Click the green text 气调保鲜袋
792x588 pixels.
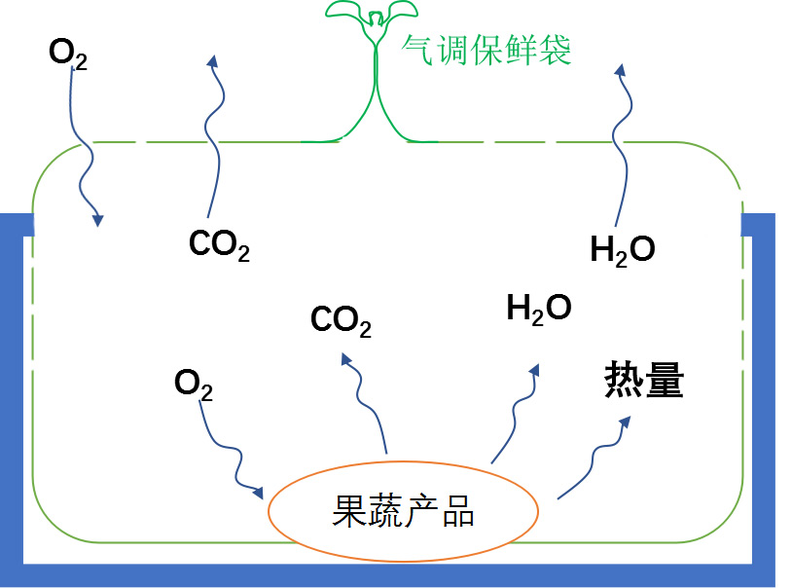pos(486,48)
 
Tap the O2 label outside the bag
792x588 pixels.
pos(67,54)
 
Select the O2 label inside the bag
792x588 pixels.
pos(193,384)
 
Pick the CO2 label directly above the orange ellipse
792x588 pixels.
pos(341,320)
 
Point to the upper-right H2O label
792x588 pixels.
pos(623,250)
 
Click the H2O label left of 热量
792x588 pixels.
pos(538,309)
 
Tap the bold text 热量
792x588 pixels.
pos(644,381)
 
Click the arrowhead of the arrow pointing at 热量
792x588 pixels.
pos(625,423)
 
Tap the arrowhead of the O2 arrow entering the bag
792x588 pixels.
pos(97,221)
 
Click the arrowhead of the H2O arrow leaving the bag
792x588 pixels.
pos(620,69)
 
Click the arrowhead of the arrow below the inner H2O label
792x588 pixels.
pos(534,371)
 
